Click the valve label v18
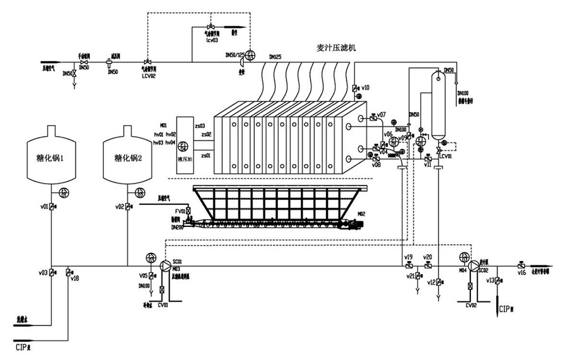point(75,278)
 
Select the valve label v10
point(365,87)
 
